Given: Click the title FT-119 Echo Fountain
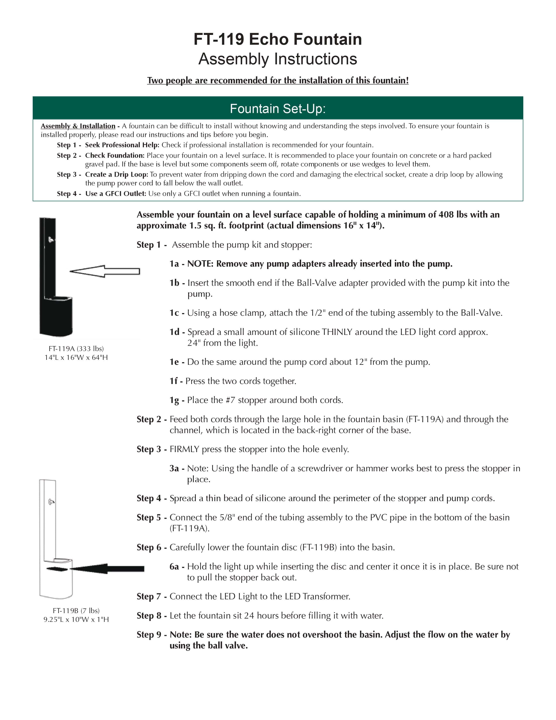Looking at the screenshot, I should coord(278,39).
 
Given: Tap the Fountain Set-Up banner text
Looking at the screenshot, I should coord(278,108).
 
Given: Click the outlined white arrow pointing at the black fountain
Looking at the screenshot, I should coord(105,271).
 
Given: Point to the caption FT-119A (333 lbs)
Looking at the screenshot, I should coord(76,348).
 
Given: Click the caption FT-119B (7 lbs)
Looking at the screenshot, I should coord(76,610).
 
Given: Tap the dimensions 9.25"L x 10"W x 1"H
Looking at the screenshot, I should coord(76,619).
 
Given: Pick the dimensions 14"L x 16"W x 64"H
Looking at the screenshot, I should coord(76,357).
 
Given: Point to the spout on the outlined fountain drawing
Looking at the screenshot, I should coord(51,502).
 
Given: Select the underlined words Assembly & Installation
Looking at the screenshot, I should coord(78,126).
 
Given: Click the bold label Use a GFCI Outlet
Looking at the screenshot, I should coord(116,194).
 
